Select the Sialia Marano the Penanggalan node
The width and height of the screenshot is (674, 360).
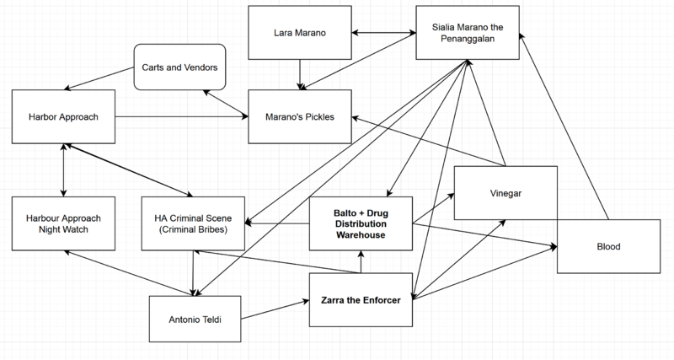click(467, 34)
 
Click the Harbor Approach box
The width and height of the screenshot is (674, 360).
click(64, 117)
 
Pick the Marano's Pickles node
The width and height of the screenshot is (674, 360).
click(298, 117)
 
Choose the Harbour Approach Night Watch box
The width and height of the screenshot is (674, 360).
click(64, 223)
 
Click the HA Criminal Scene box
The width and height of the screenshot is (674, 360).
click(193, 223)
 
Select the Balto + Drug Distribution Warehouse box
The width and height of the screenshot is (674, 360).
click(360, 223)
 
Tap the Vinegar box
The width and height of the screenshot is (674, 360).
click(505, 194)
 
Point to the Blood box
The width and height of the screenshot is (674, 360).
click(607, 247)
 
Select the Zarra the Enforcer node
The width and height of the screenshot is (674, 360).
click(360, 298)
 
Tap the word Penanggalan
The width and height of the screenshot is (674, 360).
click(467, 40)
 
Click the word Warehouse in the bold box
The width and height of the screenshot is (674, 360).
click(360, 235)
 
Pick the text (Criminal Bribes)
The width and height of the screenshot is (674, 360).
click(193, 229)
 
